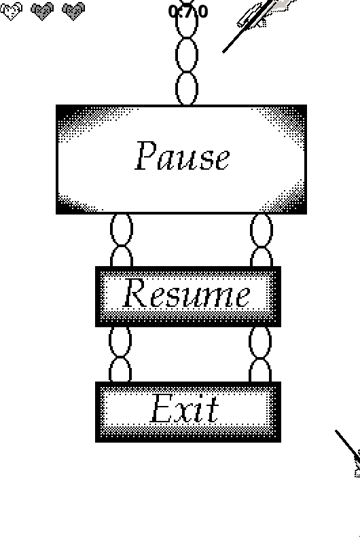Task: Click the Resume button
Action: coord(188,296)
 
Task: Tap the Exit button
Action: coord(188,411)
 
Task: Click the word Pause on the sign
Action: coord(182,156)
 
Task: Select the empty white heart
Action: coord(12,11)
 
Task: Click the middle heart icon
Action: coord(42,11)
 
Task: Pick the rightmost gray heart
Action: coord(73,11)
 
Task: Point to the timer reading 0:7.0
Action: coord(188,12)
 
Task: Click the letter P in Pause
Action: coord(146,156)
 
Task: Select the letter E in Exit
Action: coord(162,408)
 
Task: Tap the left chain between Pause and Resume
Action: coord(122,240)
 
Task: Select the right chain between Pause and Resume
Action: coord(262,240)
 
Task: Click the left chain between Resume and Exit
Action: coord(120,354)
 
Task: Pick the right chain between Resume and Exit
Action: coord(260,354)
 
